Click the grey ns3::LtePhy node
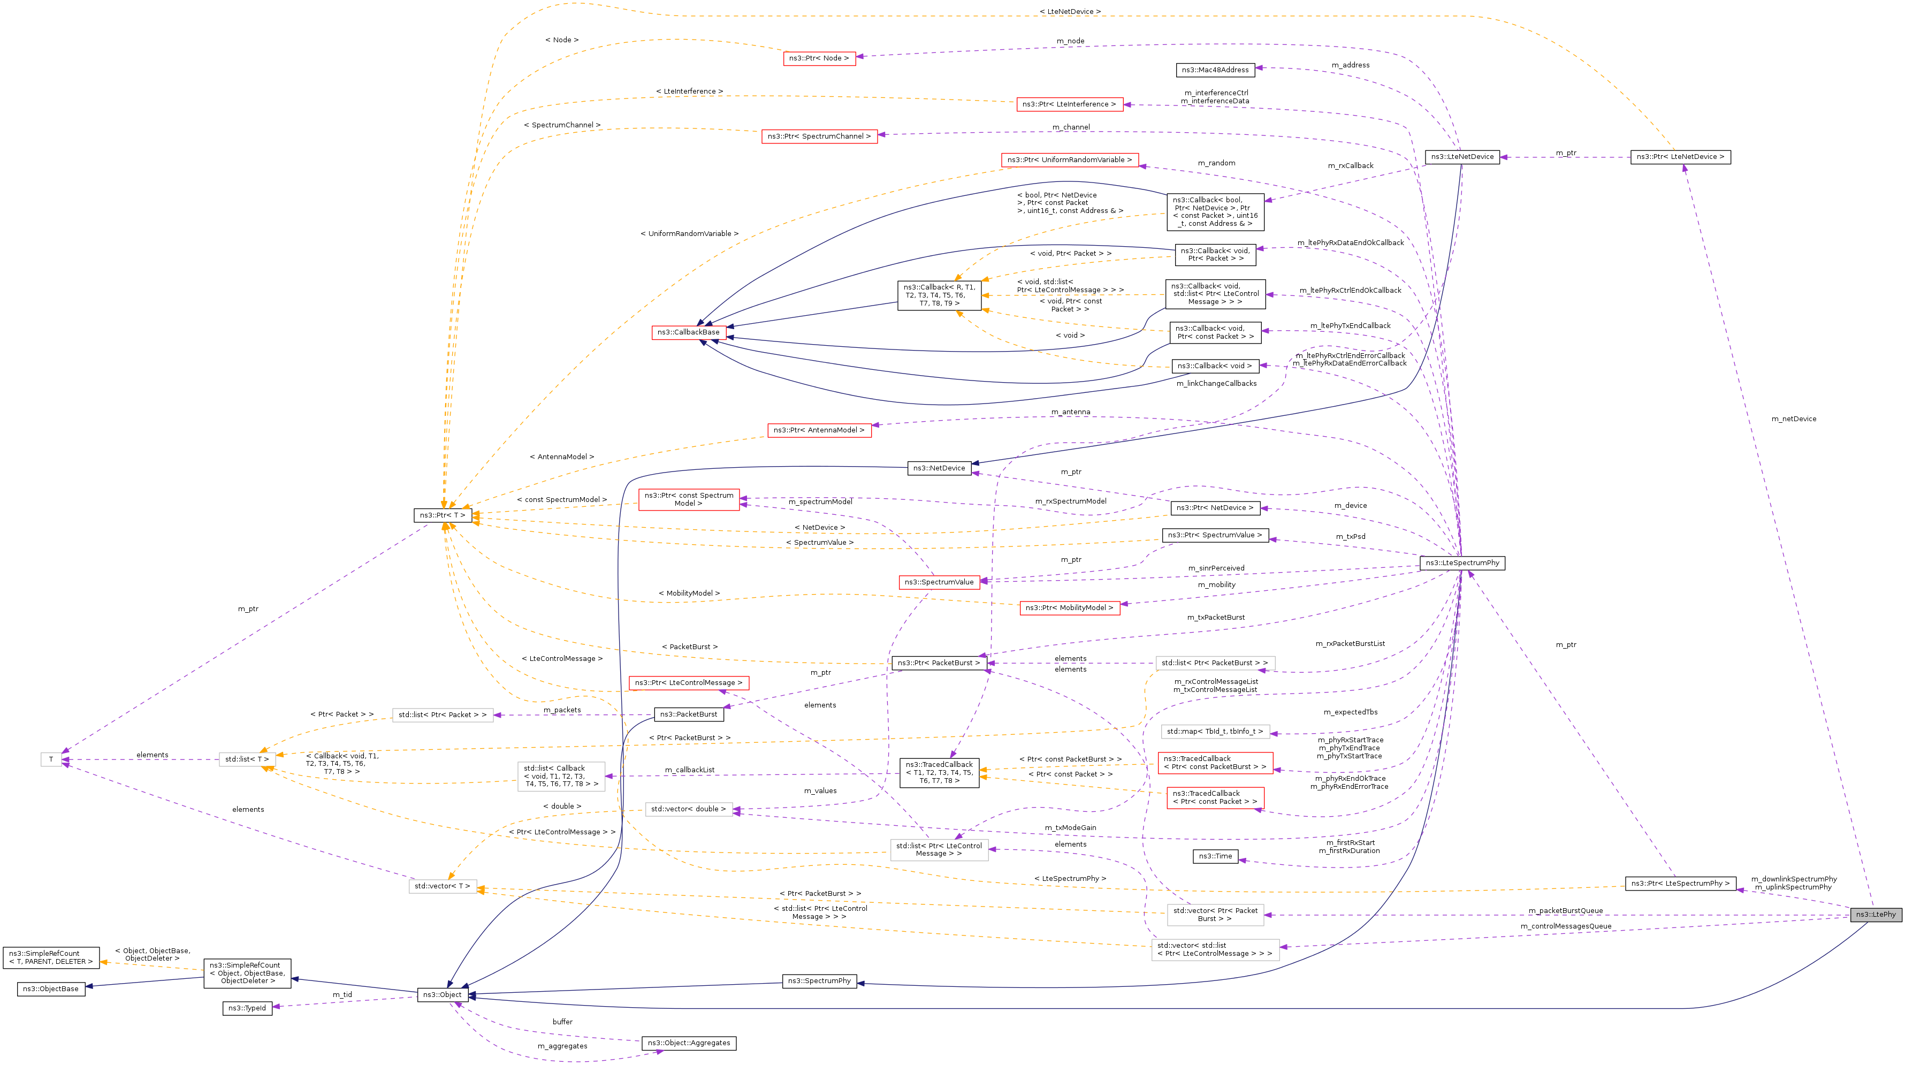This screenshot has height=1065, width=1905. click(x=1874, y=914)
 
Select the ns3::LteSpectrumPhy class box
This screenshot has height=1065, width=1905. click(x=1462, y=563)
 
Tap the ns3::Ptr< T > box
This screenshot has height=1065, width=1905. click(x=442, y=515)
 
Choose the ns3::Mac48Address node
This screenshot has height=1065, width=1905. click(x=1215, y=70)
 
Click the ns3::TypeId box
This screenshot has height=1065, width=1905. click(x=247, y=1008)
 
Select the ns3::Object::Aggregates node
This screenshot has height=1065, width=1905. click(x=689, y=1043)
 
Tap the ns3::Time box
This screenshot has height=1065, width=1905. click(x=1216, y=856)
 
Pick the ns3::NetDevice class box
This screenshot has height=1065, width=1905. click(x=939, y=468)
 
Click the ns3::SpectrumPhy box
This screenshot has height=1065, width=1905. click(x=819, y=980)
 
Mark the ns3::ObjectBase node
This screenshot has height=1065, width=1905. click(x=50, y=989)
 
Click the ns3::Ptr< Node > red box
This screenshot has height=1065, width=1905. click(x=819, y=58)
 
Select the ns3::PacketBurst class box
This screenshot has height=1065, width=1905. click(x=688, y=714)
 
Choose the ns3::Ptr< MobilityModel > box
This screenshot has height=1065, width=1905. click(x=1069, y=608)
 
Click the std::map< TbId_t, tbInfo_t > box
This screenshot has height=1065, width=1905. click(x=1215, y=732)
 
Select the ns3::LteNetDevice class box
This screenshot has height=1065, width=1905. click(x=1462, y=157)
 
